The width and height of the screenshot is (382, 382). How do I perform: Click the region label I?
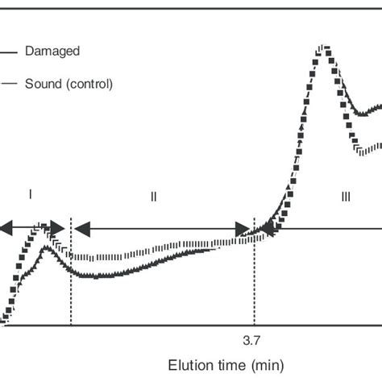(30, 194)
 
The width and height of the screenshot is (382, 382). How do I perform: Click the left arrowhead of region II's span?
(81, 230)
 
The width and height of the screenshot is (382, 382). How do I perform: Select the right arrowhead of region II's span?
(243, 230)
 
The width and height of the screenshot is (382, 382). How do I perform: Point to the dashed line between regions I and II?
(71, 282)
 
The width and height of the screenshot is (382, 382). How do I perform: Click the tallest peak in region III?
(324, 50)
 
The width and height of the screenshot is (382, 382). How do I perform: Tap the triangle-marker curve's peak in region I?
(46, 249)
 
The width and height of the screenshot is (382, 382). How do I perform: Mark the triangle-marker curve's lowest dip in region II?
(97, 276)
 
